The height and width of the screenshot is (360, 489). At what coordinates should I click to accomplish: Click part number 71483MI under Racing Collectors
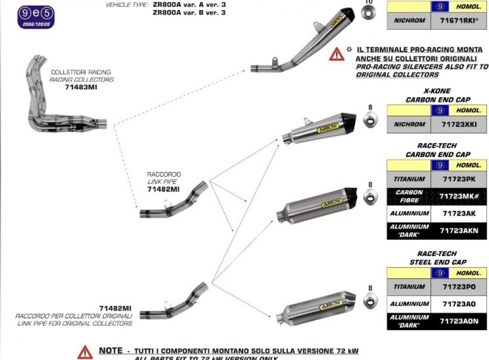pos(80,87)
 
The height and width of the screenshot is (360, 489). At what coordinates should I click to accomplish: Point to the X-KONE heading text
pos(437,91)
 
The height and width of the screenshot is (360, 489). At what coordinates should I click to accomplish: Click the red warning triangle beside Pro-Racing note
pos(336,54)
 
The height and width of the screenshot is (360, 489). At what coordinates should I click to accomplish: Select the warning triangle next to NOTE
pos(85,352)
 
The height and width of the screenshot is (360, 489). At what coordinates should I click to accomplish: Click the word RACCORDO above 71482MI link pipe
pos(164,175)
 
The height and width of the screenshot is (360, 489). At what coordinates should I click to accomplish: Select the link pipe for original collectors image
pos(174,301)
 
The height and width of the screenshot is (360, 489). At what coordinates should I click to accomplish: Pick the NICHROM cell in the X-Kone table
pos(409,124)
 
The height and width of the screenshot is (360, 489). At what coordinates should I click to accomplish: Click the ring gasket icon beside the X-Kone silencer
pos(370,121)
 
